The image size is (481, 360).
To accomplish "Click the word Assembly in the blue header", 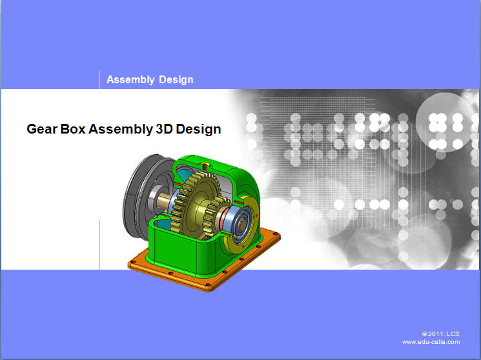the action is click(x=130, y=80).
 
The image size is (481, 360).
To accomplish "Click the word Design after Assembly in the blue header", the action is click(x=176, y=80).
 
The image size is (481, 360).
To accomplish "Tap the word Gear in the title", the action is click(x=42, y=129).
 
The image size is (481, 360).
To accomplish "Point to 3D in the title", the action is click(x=164, y=129).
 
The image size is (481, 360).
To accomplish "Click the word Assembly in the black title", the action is click(x=121, y=130).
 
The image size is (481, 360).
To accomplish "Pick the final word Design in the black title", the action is click(x=198, y=130).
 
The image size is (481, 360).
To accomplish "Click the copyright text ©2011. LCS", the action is click(x=440, y=334).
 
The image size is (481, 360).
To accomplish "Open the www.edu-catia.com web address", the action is click(x=431, y=342).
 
